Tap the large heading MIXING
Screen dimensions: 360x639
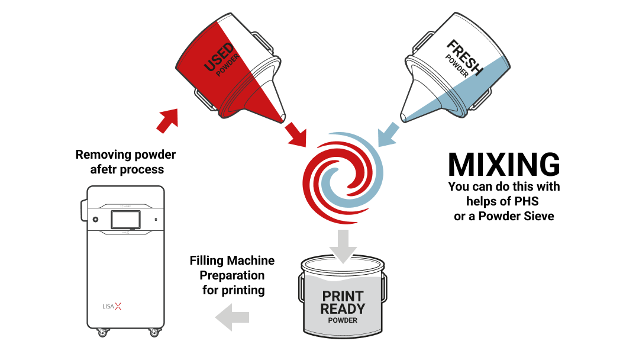[x=504, y=165]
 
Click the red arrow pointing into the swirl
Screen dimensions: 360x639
[x=295, y=134]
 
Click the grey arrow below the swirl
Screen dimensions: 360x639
[x=343, y=244]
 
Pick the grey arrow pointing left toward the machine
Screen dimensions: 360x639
[x=231, y=317]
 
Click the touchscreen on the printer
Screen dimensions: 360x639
[x=125, y=220]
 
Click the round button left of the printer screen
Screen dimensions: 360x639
[x=95, y=220]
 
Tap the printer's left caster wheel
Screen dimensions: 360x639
[x=102, y=333]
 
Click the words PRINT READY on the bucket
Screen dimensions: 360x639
[x=343, y=302]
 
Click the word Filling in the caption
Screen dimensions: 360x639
[x=206, y=261]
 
